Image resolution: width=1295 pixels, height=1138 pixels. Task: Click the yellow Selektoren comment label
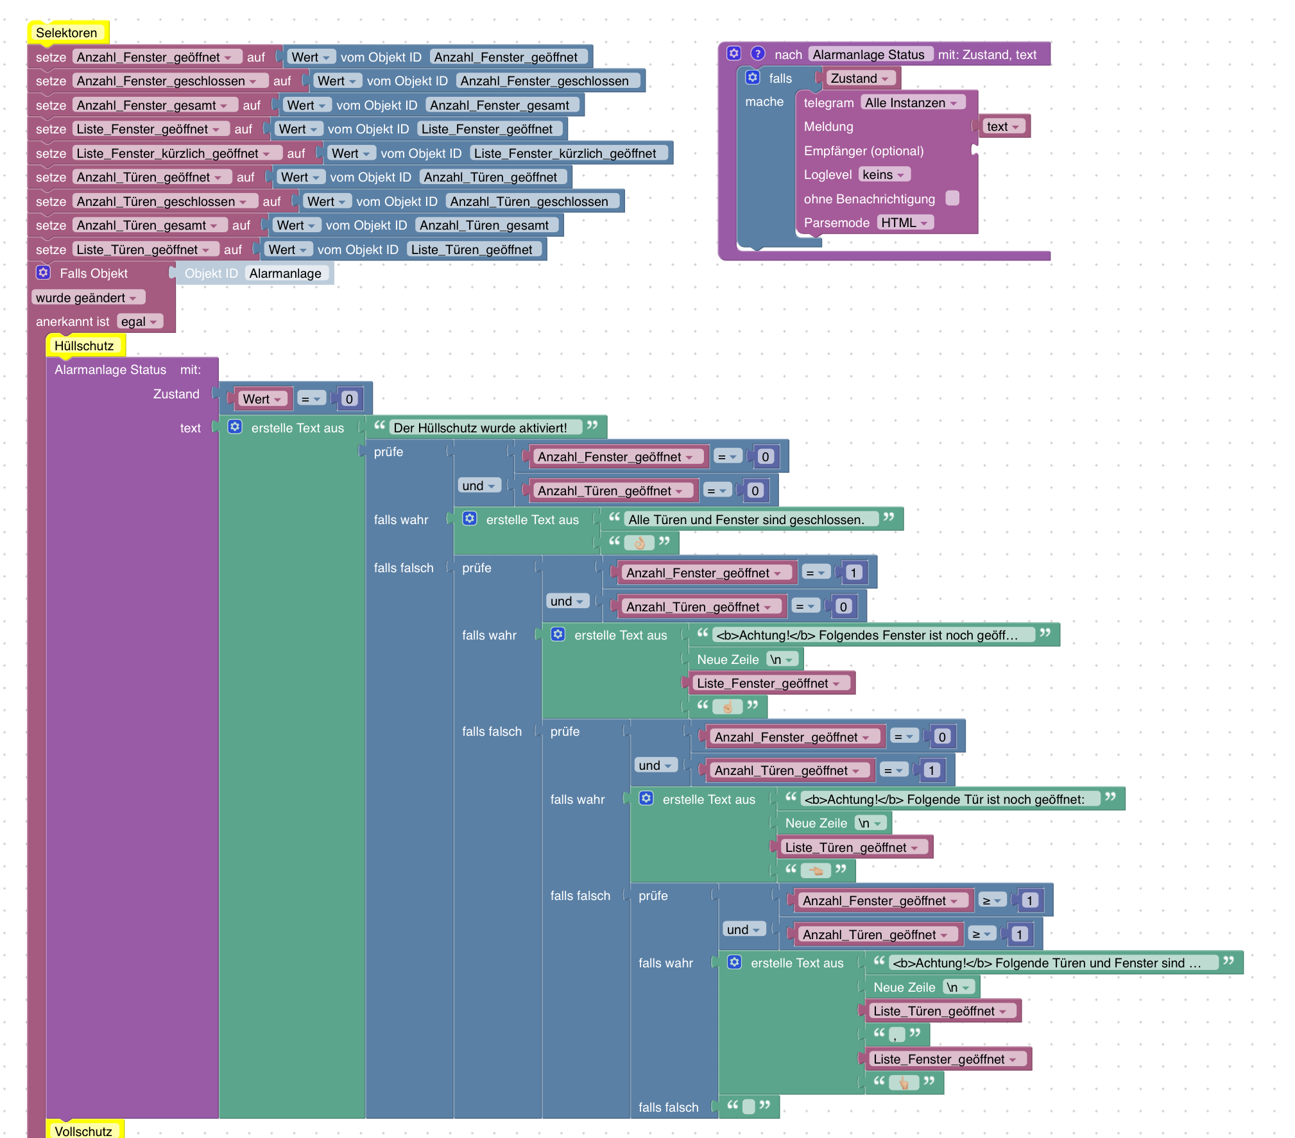click(67, 33)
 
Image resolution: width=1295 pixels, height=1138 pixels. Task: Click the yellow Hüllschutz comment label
click(84, 346)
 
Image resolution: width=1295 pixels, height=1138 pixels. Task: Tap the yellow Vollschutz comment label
click(83, 1131)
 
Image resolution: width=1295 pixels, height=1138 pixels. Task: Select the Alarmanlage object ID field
click(286, 273)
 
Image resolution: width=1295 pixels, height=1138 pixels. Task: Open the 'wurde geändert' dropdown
click(87, 298)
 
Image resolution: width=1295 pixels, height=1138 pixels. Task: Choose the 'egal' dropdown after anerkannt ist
click(139, 321)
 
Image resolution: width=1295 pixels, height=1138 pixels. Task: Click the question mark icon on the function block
click(758, 54)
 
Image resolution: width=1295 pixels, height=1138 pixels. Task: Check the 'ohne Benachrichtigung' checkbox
click(953, 198)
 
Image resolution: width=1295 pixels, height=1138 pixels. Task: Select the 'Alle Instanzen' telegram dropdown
click(911, 103)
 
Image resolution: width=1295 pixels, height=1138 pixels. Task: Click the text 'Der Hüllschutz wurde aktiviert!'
click(480, 427)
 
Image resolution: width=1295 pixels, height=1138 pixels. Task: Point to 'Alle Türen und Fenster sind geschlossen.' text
click(746, 520)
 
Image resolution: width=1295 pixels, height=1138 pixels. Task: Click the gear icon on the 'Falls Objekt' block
click(43, 273)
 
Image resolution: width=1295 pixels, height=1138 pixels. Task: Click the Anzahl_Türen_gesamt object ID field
click(485, 225)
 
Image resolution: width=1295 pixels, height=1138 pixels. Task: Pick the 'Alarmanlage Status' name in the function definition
click(868, 55)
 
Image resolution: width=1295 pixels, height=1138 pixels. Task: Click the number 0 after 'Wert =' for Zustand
click(349, 399)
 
